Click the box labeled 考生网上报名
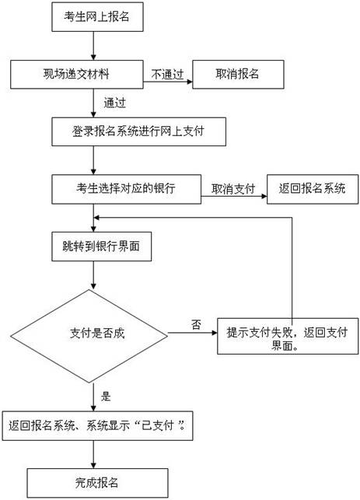click(97, 16)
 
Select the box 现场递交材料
click(77, 75)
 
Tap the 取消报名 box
click(238, 75)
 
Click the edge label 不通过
click(167, 75)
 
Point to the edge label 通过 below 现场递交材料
click(115, 103)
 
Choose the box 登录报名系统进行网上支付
click(138, 131)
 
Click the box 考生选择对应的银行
click(126, 189)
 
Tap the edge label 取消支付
click(233, 189)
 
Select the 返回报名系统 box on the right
click(313, 189)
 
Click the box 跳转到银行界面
click(101, 247)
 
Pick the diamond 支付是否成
click(89, 336)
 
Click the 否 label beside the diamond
click(196, 324)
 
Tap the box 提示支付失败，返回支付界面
click(288, 336)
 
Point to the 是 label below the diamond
click(106, 397)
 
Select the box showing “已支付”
click(97, 425)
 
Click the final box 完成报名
click(97, 483)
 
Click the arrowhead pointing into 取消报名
click(190, 82)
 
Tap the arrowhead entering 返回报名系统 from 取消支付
click(264, 196)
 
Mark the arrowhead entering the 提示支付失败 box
click(215, 333)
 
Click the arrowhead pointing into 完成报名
click(93, 465)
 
